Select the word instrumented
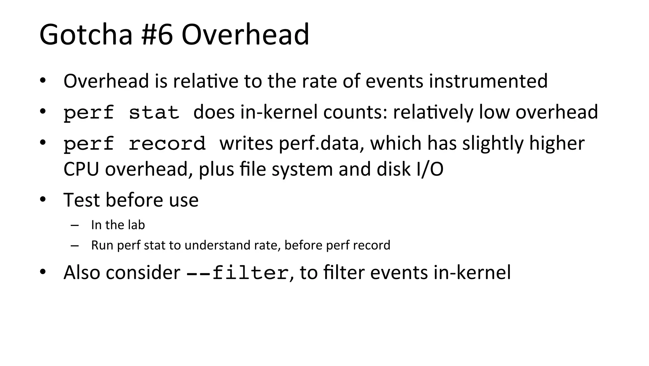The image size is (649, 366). pyautogui.click(x=488, y=81)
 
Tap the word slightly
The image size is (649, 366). pyautogui.click(x=493, y=143)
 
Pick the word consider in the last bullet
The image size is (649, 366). pyautogui.click(x=143, y=273)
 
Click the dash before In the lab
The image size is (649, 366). pyautogui.click(x=75, y=225)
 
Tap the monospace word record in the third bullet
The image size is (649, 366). pyautogui.click(x=167, y=144)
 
